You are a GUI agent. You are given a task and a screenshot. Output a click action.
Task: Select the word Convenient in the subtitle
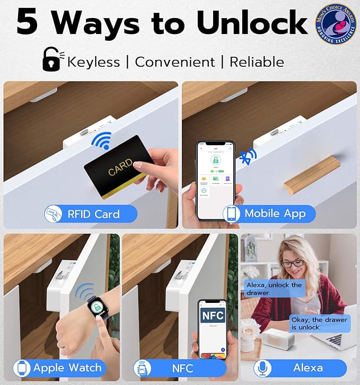pos(175,61)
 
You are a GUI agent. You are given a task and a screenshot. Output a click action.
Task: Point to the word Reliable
pos(257,61)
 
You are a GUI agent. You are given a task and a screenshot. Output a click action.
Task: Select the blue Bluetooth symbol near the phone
pos(247,156)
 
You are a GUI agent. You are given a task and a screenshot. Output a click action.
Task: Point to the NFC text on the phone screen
pos(213,316)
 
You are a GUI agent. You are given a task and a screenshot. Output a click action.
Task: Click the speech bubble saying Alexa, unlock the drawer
pos(274,289)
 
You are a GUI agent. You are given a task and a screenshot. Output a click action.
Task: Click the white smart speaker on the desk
pos(284,338)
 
